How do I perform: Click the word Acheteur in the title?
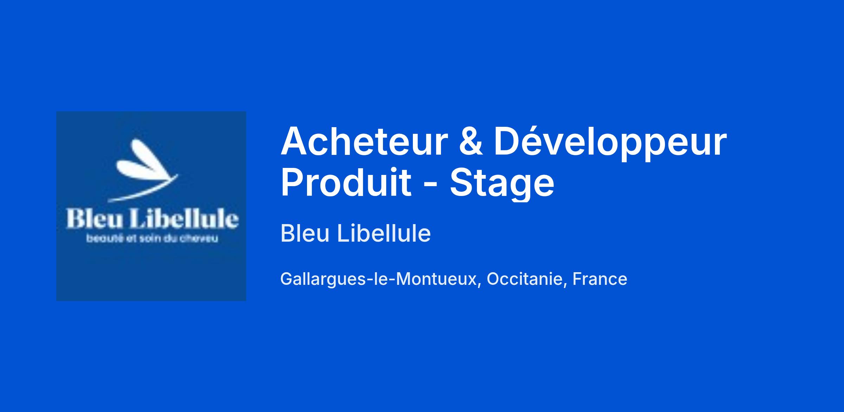click(x=364, y=141)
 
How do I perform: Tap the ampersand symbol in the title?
click(x=471, y=141)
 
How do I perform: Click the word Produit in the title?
click(x=346, y=182)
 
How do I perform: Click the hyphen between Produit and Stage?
click(x=430, y=185)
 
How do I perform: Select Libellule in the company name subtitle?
click(x=384, y=233)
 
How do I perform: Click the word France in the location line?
click(x=600, y=279)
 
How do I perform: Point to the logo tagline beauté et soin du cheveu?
click(x=152, y=238)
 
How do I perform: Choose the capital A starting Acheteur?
click(x=294, y=141)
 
